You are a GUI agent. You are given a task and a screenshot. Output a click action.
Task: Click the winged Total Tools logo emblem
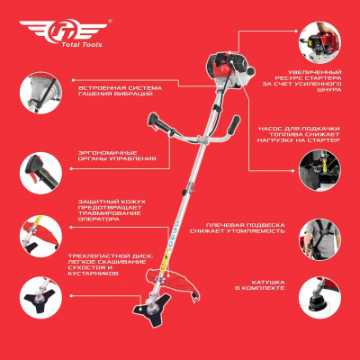(63, 30)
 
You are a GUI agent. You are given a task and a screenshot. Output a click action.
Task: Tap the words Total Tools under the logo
(82, 45)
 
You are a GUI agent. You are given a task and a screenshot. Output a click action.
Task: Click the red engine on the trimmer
(230, 69)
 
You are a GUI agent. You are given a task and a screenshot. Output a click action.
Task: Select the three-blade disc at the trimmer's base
(151, 309)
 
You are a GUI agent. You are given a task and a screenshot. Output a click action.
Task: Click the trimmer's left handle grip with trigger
(160, 124)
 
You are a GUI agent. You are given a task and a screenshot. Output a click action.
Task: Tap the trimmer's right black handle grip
(233, 125)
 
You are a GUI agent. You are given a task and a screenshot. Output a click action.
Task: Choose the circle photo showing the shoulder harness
(319, 239)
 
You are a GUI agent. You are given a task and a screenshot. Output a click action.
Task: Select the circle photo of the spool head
(319, 298)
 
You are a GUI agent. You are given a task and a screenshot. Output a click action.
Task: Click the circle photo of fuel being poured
(319, 170)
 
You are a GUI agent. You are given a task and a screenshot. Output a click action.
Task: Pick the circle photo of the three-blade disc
(40, 298)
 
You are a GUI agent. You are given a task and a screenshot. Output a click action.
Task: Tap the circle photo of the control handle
(40, 173)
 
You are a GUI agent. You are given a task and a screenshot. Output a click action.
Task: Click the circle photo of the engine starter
(319, 42)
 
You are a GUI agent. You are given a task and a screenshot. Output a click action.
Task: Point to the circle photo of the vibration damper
(40, 93)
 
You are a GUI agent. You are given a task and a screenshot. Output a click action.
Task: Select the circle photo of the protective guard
(40, 236)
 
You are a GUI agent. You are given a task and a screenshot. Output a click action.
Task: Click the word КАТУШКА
(268, 283)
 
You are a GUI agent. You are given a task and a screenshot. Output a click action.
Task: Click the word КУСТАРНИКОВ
(94, 274)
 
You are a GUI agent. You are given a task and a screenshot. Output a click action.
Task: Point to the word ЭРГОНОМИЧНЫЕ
(107, 153)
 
